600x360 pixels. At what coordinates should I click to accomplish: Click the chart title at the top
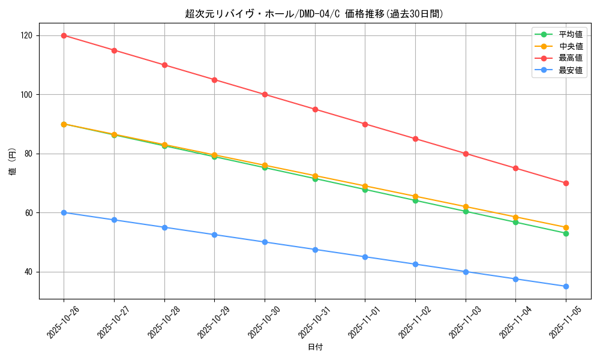click(314, 14)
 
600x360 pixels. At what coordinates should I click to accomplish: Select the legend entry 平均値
click(570, 34)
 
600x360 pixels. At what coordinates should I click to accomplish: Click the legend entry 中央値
click(570, 46)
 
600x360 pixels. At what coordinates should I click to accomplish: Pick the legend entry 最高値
click(570, 58)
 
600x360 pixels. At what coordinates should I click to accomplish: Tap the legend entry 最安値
click(570, 70)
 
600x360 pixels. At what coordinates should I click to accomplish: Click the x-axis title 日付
click(315, 347)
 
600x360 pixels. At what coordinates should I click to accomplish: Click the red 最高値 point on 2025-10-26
click(64, 35)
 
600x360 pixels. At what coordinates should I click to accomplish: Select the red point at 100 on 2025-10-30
click(265, 94)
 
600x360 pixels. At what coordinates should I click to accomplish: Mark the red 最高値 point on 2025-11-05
click(566, 183)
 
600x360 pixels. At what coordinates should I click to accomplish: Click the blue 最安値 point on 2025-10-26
click(64, 212)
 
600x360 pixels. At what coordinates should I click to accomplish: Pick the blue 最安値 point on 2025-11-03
click(466, 272)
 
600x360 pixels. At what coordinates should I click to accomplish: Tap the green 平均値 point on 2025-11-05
click(566, 233)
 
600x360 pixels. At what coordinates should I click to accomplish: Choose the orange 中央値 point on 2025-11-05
click(566, 227)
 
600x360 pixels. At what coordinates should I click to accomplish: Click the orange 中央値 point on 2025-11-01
click(365, 186)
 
